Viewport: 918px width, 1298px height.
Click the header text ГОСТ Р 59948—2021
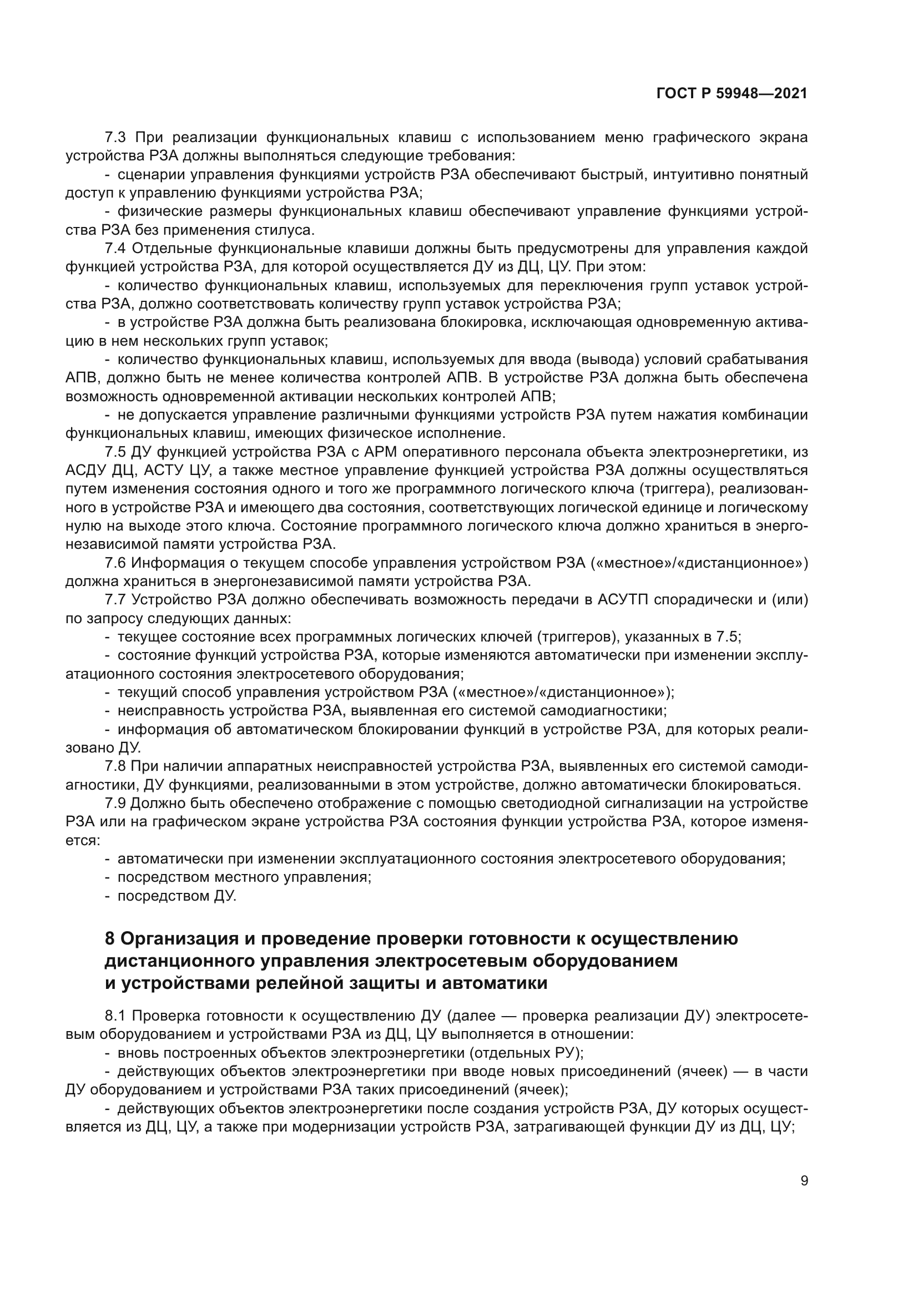pos(732,94)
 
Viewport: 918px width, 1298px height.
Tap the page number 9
pos(804,1181)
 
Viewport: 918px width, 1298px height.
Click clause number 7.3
pos(117,138)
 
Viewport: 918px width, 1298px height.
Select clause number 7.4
pos(117,248)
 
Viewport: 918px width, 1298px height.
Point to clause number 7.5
pos(117,452)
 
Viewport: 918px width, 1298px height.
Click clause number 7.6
pos(117,563)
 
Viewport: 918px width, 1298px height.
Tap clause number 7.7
pos(117,600)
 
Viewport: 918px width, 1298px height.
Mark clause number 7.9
pos(117,804)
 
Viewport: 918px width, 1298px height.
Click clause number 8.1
pos(117,1016)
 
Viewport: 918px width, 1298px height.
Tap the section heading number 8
pos(110,938)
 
